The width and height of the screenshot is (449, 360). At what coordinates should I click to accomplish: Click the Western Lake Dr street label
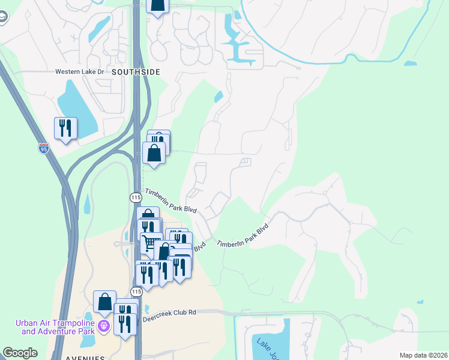coord(80,71)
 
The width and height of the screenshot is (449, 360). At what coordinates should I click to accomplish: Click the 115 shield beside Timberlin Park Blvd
coord(136,197)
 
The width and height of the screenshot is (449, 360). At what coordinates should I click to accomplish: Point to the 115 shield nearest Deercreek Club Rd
coord(137,291)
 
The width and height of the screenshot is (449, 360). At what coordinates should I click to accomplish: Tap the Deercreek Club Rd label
coord(169,312)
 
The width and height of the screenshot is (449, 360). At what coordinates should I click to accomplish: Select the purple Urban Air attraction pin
coord(104,326)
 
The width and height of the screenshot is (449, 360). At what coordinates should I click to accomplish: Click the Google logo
coord(20,353)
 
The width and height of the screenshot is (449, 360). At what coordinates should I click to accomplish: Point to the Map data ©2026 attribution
coord(423,355)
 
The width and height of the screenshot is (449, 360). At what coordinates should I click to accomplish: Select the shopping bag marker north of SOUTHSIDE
coord(157,5)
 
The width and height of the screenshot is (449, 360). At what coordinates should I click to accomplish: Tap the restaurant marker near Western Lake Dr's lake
coord(65,128)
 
